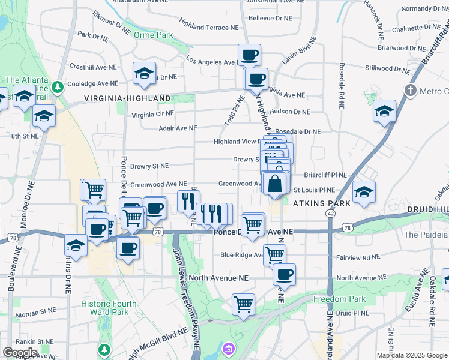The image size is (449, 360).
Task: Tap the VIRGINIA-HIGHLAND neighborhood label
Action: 127,98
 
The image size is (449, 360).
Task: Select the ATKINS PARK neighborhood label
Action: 321,203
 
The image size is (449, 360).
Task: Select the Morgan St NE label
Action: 35,313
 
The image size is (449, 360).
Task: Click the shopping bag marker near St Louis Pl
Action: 275,183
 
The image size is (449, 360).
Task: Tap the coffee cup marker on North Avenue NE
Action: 285,274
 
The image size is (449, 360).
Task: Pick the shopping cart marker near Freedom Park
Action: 243,304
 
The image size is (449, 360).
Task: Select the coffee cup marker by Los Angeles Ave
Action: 249,55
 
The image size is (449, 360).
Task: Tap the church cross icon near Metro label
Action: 410,91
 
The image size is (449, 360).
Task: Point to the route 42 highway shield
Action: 330,213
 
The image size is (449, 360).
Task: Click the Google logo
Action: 20,352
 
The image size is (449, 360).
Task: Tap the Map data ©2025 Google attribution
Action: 412,355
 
